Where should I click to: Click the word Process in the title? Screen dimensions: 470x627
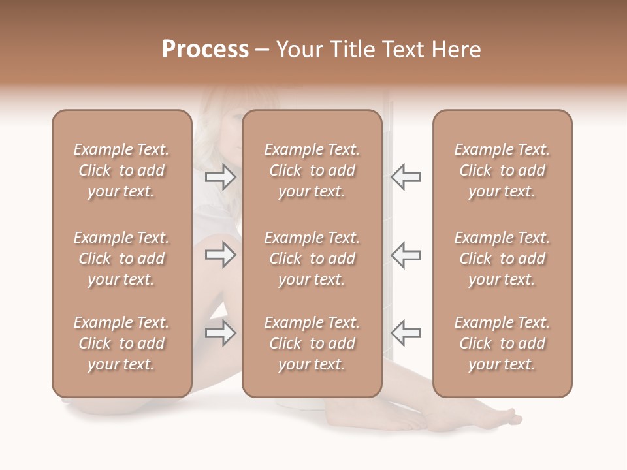[x=205, y=50]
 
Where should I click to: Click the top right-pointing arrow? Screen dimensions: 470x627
[x=221, y=177]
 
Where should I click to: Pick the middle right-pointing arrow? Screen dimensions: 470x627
[x=221, y=255]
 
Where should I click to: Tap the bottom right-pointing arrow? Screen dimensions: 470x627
[x=221, y=333]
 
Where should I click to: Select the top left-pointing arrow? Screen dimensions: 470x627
[x=406, y=177]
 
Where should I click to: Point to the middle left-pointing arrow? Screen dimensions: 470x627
[x=406, y=255]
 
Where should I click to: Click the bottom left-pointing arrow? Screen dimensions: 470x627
[x=406, y=333]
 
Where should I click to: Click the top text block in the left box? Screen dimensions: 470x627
[x=121, y=170]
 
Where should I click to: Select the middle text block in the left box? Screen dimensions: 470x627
[x=121, y=258]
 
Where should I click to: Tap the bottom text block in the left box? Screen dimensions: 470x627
[x=121, y=343]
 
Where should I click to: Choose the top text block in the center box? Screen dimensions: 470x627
[x=312, y=170]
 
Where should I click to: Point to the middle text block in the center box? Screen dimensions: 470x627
[x=312, y=258]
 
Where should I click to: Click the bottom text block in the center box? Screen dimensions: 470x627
[x=312, y=343]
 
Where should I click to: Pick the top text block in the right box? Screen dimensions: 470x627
[x=502, y=170]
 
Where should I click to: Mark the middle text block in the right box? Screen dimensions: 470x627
[x=502, y=258]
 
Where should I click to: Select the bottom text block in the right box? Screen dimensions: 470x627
[x=502, y=343]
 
